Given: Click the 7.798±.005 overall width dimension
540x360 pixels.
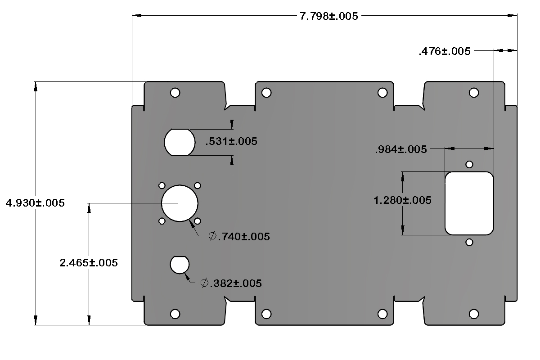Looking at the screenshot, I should click(329, 17).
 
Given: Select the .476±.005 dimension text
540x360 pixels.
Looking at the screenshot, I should click(445, 51).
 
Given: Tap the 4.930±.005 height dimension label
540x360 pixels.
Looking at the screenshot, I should click(35, 203).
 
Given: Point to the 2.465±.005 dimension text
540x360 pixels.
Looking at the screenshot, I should click(89, 263).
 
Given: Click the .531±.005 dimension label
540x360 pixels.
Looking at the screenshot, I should click(231, 142).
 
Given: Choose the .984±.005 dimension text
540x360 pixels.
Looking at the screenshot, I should click(400, 150).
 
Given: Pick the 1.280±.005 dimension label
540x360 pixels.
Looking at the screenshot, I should click(403, 200).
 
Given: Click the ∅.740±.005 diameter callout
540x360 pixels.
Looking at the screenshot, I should click(239, 237).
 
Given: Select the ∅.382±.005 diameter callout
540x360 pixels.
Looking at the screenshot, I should click(231, 283).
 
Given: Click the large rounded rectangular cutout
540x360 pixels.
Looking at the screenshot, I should click(469, 203).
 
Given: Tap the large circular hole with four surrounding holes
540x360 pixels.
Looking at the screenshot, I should click(180, 203).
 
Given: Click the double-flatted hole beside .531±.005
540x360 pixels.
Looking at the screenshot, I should click(180, 142).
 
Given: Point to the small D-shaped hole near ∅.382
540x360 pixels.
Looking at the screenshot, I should click(180, 265).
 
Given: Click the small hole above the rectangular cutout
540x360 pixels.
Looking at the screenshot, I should click(469, 164).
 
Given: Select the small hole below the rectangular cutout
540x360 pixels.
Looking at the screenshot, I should click(469, 243).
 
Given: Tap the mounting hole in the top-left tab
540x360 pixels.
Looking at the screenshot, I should click(175, 93).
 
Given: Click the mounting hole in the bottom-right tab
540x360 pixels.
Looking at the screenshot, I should click(473, 314).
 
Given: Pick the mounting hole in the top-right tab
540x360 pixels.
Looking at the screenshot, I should click(473, 93).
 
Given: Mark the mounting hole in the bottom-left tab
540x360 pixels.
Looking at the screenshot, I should click(175, 314).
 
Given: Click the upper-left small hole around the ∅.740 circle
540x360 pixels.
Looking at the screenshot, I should click(162, 185).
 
